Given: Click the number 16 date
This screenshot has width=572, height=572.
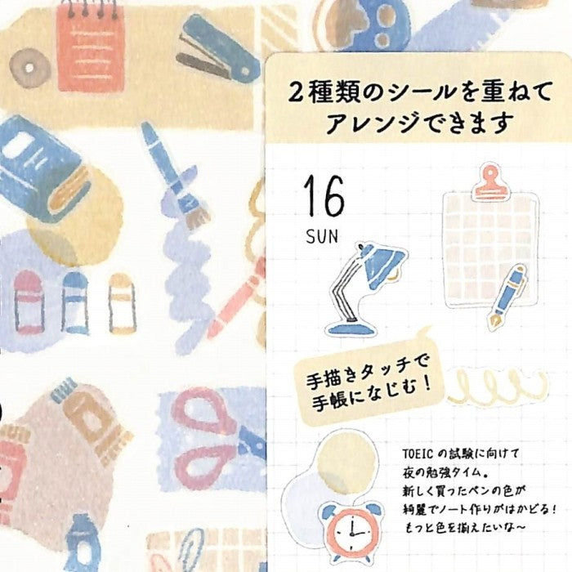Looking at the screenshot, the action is click(324, 196).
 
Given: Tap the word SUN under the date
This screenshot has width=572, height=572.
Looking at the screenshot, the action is click(322, 236).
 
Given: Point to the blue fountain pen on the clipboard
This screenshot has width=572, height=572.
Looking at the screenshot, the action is click(508, 296).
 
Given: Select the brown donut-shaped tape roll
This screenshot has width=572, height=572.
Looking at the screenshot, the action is click(30, 68).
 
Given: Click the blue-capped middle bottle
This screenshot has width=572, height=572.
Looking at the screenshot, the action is click(75, 303).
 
